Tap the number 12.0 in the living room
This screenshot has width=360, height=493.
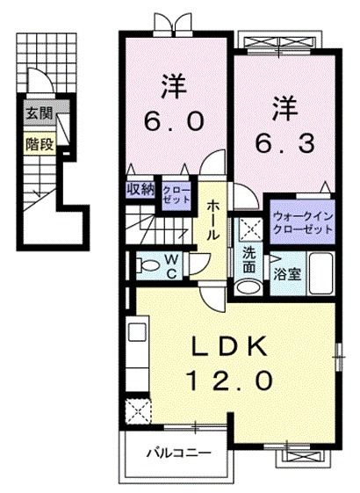(x=233, y=381)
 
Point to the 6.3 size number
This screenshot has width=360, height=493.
(x=282, y=140)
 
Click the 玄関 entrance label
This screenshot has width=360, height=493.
(x=38, y=112)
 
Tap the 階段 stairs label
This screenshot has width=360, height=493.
(x=38, y=142)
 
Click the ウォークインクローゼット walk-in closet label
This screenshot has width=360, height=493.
(x=302, y=221)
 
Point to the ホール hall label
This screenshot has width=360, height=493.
(x=214, y=221)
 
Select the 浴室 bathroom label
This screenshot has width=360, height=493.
(x=287, y=273)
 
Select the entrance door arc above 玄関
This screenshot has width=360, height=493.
(x=37, y=80)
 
